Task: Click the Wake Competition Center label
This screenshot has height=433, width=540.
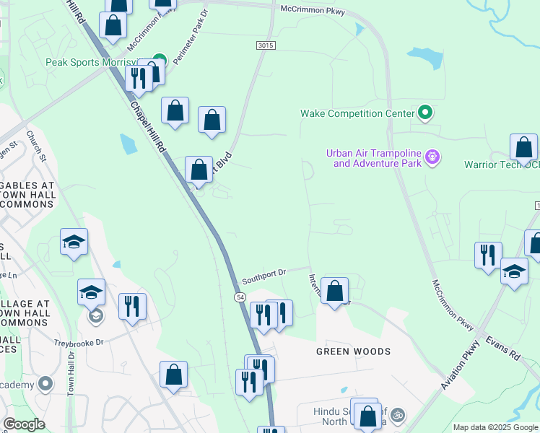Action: (357, 113)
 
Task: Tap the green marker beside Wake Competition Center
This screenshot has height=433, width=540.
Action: (425, 113)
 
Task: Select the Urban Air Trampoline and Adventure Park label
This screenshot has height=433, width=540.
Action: (373, 158)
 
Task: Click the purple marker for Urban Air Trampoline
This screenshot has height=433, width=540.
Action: (432, 157)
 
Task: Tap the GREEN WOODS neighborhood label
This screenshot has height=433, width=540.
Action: (354, 351)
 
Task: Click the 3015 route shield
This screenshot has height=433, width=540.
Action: (266, 45)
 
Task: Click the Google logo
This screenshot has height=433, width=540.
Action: (24, 424)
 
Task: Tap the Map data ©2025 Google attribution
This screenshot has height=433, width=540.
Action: (495, 427)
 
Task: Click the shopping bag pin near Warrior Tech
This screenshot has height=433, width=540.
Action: (523, 147)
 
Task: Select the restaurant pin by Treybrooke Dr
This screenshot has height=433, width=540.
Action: (132, 306)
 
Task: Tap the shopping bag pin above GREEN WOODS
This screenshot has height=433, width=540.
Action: (334, 292)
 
